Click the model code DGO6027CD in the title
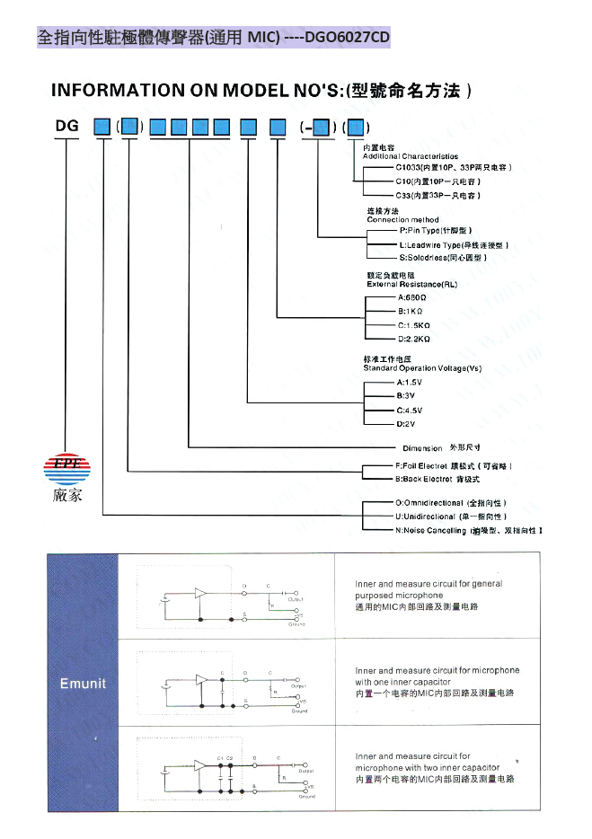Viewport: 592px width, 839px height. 348,37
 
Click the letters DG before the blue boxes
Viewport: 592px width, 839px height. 67,126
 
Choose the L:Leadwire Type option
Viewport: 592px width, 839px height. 454,244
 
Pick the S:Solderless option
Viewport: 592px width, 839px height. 443,258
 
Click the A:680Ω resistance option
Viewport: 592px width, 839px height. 412,297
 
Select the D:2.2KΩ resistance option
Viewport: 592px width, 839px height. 414,339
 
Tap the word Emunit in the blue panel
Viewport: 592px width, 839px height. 83,684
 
